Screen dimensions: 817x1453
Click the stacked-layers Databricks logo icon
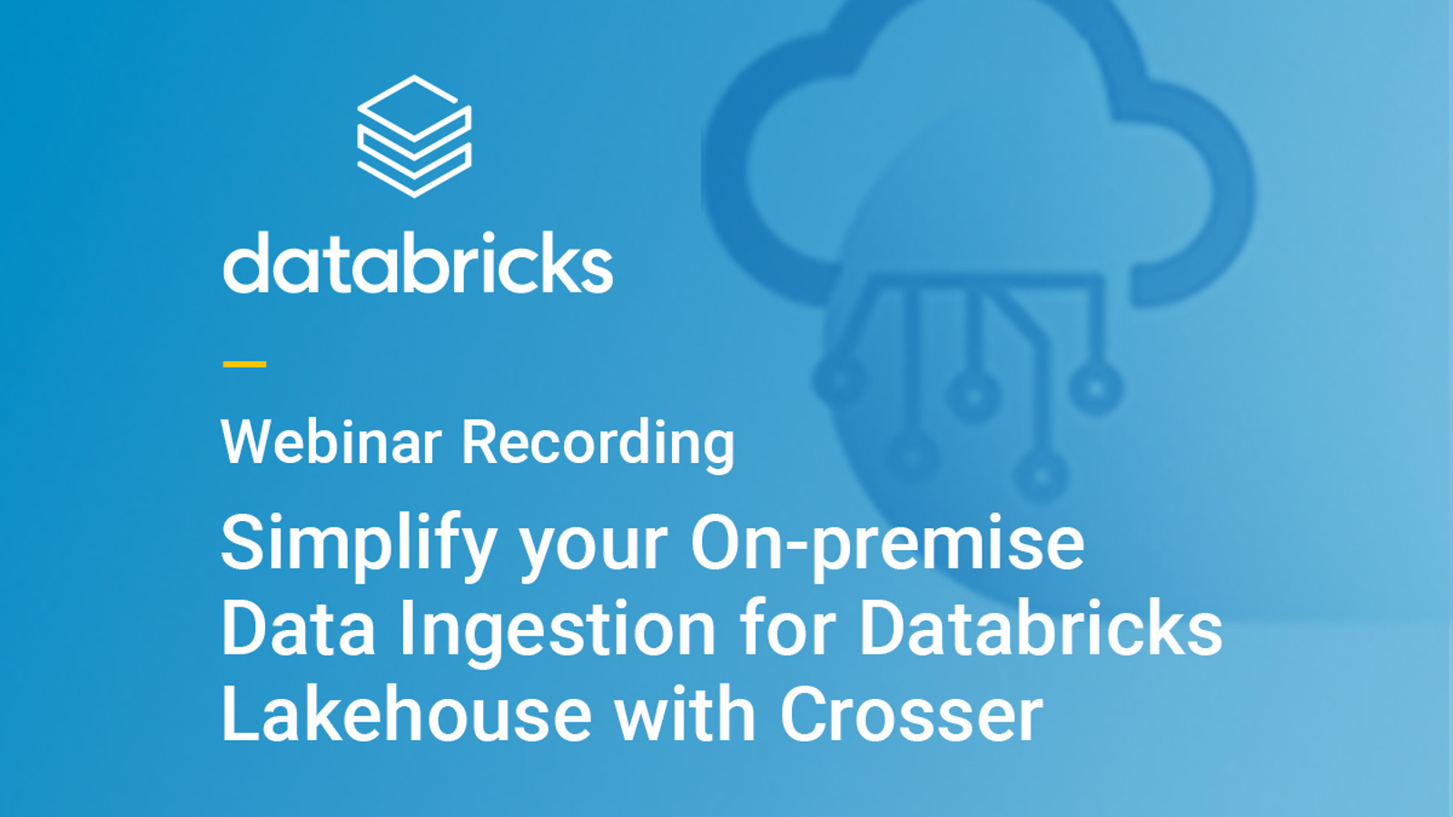[414, 136]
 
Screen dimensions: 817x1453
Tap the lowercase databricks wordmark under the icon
[418, 264]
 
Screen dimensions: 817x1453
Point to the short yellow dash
[244, 364]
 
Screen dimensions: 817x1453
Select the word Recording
[598, 444]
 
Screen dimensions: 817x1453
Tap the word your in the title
[593, 546]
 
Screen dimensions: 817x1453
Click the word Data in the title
[298, 628]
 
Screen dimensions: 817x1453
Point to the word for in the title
[787, 628]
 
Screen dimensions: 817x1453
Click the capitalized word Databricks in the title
[1041, 628]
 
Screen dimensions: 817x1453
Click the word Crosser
[911, 714]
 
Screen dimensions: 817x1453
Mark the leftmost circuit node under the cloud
[838, 379]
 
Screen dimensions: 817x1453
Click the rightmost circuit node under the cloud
[1096, 389]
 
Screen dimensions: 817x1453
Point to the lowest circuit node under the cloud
[1041, 475]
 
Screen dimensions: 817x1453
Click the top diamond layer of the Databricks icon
[414, 105]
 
